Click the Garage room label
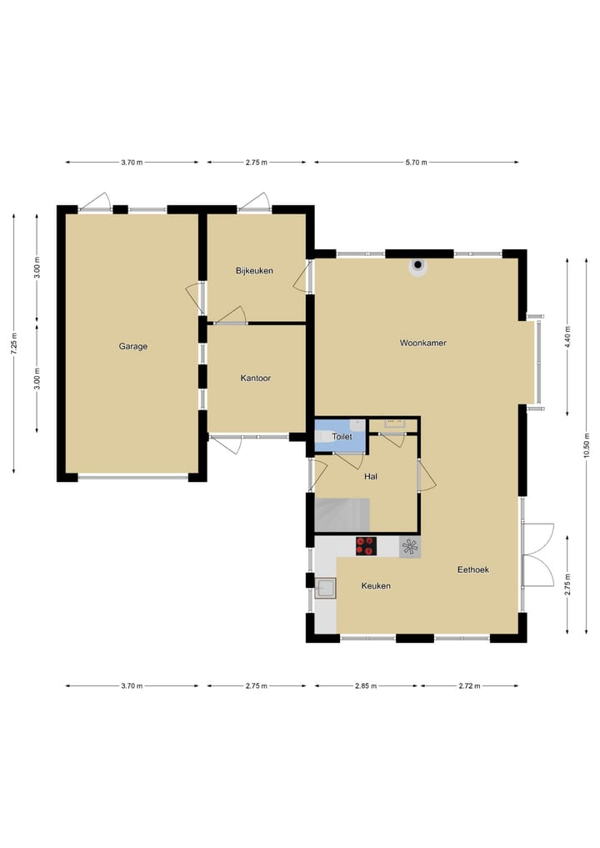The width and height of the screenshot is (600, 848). pyautogui.click(x=132, y=346)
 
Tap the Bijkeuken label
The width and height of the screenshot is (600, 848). pyautogui.click(x=254, y=271)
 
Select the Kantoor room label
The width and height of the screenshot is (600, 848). pyautogui.click(x=255, y=378)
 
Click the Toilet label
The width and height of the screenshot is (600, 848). pyautogui.click(x=342, y=437)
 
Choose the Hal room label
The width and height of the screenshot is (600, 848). pyautogui.click(x=372, y=477)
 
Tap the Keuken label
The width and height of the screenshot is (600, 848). pyautogui.click(x=376, y=586)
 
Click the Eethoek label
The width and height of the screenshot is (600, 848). pyautogui.click(x=472, y=570)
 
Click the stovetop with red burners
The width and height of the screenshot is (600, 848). pyautogui.click(x=366, y=546)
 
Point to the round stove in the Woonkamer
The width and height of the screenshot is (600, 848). pyautogui.click(x=417, y=266)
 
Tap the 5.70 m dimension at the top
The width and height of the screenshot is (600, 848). pyautogui.click(x=416, y=163)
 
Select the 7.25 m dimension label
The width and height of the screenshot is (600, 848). pyautogui.click(x=14, y=343)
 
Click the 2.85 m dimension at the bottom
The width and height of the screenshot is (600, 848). pyautogui.click(x=366, y=686)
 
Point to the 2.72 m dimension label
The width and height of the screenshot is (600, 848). pyautogui.click(x=468, y=686)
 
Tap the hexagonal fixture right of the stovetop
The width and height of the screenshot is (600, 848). pyautogui.click(x=410, y=547)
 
